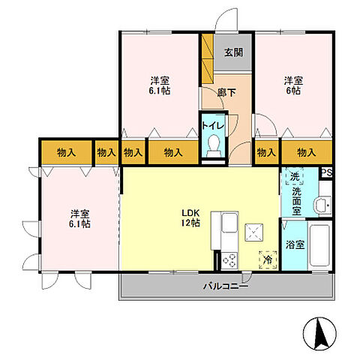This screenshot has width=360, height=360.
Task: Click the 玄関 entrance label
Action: (x=233, y=52)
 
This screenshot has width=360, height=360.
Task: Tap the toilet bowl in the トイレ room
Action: (x=214, y=145)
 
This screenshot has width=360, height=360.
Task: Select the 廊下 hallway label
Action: (x=226, y=93)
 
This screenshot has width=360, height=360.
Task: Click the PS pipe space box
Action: (x=327, y=172)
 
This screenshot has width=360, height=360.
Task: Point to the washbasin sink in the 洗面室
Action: (x=322, y=205)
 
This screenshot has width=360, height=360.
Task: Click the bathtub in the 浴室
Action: (x=319, y=245)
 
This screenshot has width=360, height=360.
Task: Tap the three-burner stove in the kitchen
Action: (x=229, y=260)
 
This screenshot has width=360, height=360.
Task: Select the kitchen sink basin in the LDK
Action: (x=229, y=222)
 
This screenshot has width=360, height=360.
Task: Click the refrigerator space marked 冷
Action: (x=268, y=260)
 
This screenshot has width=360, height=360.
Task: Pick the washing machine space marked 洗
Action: (x=295, y=176)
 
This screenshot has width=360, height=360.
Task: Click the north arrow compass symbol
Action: (x=320, y=334)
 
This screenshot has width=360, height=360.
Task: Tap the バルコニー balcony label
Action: (x=226, y=286)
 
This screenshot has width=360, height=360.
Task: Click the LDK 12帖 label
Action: (x=190, y=218)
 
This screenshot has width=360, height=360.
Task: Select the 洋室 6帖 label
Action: (x=293, y=85)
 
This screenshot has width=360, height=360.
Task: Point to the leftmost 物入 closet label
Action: (x=66, y=152)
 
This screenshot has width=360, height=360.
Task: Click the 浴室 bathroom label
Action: (x=295, y=244)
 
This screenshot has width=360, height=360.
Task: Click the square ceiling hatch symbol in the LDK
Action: (x=254, y=232)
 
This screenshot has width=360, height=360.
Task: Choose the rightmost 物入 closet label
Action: (x=307, y=152)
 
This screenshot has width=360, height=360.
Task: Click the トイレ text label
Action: (x=213, y=125)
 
